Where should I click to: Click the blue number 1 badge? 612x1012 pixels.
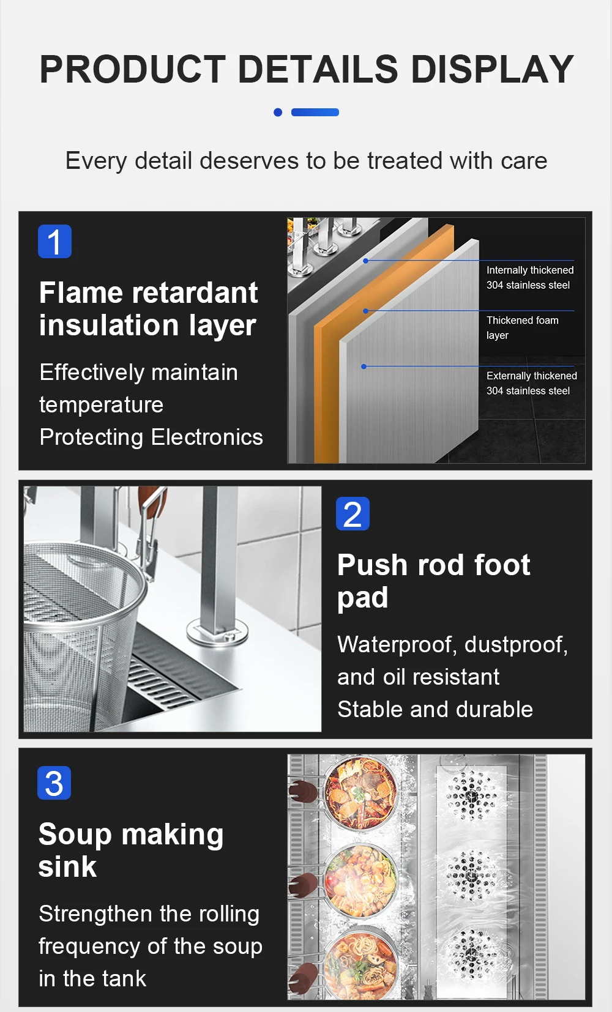[x=54, y=241]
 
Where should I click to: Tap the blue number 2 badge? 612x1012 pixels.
[x=353, y=514]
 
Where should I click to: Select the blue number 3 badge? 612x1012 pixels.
[x=54, y=783]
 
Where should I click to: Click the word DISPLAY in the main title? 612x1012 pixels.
[x=492, y=69]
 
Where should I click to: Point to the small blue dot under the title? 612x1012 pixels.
[x=278, y=112]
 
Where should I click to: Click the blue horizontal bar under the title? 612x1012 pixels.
[x=315, y=112]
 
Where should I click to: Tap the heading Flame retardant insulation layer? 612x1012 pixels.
[x=148, y=309]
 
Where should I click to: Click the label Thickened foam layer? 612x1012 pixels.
[x=523, y=327]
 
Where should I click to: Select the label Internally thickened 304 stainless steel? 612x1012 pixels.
[x=530, y=277]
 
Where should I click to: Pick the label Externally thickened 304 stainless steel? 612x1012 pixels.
[x=532, y=383]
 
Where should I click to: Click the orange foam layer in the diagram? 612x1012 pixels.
[x=327, y=384]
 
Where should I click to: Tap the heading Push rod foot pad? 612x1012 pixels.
[x=433, y=581]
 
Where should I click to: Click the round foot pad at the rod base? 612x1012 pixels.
[x=218, y=631]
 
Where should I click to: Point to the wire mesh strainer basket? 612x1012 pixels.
[x=81, y=633]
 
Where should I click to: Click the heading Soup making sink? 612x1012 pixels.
[x=131, y=850]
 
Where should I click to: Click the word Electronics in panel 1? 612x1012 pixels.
[x=207, y=437]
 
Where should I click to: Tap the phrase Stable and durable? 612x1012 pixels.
[x=435, y=709]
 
